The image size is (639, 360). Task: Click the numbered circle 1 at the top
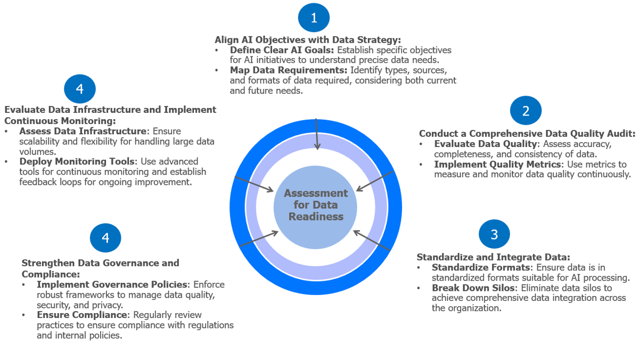click(x=314, y=18)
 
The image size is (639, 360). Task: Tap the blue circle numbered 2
click(x=526, y=111)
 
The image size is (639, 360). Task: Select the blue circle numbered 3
click(x=494, y=234)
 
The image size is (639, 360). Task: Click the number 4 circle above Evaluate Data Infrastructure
click(x=80, y=88)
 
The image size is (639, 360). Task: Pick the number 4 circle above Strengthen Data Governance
click(x=105, y=238)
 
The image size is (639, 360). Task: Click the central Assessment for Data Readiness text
click(x=316, y=204)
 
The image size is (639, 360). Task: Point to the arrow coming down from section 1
click(x=317, y=133)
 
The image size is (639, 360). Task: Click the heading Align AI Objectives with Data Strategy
click(x=307, y=39)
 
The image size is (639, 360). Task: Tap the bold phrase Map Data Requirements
click(x=288, y=70)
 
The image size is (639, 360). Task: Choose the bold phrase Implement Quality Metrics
click(x=496, y=164)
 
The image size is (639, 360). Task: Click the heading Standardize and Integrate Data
click(x=493, y=257)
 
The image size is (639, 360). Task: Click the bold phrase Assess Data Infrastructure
click(x=83, y=131)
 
